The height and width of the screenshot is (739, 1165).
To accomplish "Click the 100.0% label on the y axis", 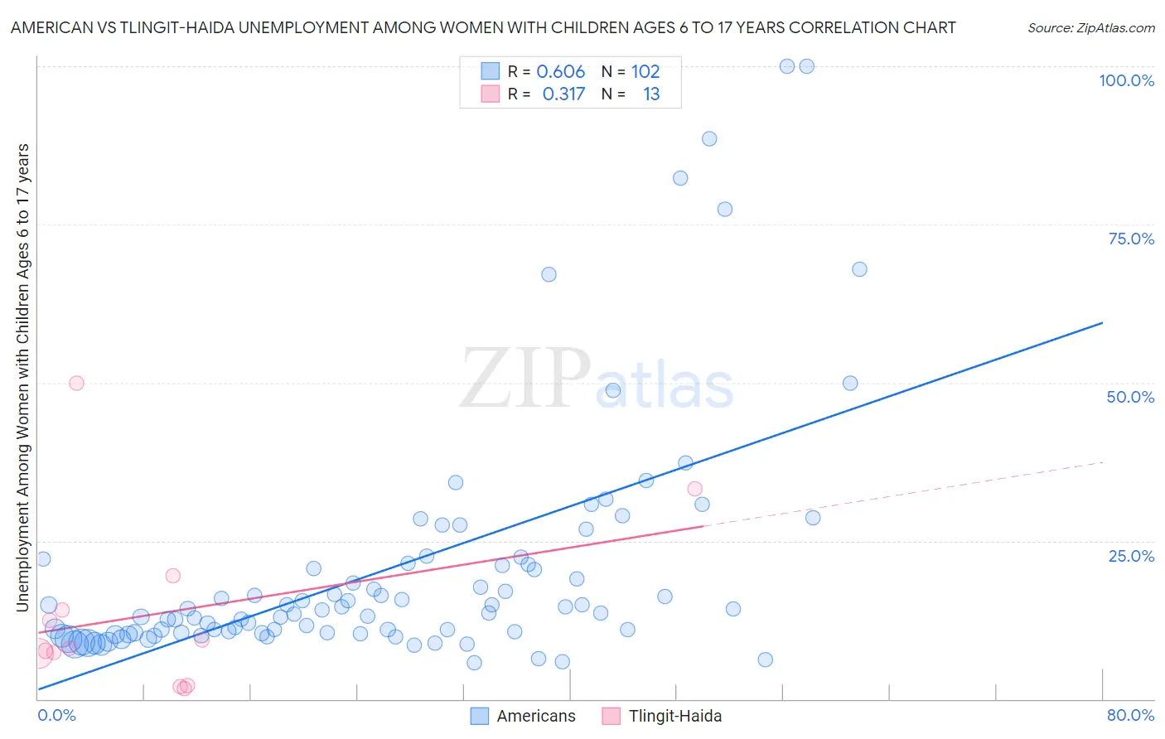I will pyautogui.click(x=1126, y=80).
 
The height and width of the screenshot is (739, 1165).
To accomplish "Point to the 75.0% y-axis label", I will pyautogui.click(x=1131, y=239).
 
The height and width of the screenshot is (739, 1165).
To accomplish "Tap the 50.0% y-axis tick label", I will pyautogui.click(x=1130, y=397).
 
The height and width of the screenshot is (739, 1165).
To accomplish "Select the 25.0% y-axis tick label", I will pyautogui.click(x=1131, y=555).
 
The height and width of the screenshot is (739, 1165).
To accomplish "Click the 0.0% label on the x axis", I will pyautogui.click(x=56, y=715).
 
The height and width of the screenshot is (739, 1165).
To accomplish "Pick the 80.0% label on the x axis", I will pyautogui.click(x=1130, y=715).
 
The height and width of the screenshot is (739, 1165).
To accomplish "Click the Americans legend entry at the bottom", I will pyautogui.click(x=535, y=716).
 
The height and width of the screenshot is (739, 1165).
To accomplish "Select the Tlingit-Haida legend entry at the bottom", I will pyautogui.click(x=674, y=716).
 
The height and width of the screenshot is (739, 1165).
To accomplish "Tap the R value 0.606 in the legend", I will pyautogui.click(x=560, y=71).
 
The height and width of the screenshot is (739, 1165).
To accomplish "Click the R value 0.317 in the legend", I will pyautogui.click(x=563, y=94).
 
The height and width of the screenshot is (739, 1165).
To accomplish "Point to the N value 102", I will pyautogui.click(x=645, y=71).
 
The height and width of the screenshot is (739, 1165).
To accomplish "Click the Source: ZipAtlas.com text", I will pyautogui.click(x=1090, y=27).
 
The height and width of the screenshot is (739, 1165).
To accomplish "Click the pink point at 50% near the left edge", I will pyautogui.click(x=76, y=383).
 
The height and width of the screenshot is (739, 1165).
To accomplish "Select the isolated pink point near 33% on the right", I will pyautogui.click(x=695, y=489).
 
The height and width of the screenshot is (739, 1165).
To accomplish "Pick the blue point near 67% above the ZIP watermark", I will pyautogui.click(x=549, y=274).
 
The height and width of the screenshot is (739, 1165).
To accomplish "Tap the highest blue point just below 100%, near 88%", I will pyautogui.click(x=709, y=138).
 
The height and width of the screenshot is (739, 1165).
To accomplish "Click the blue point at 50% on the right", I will pyautogui.click(x=850, y=383).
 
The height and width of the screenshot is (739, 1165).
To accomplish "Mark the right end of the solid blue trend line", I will pyautogui.click(x=1102, y=322).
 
